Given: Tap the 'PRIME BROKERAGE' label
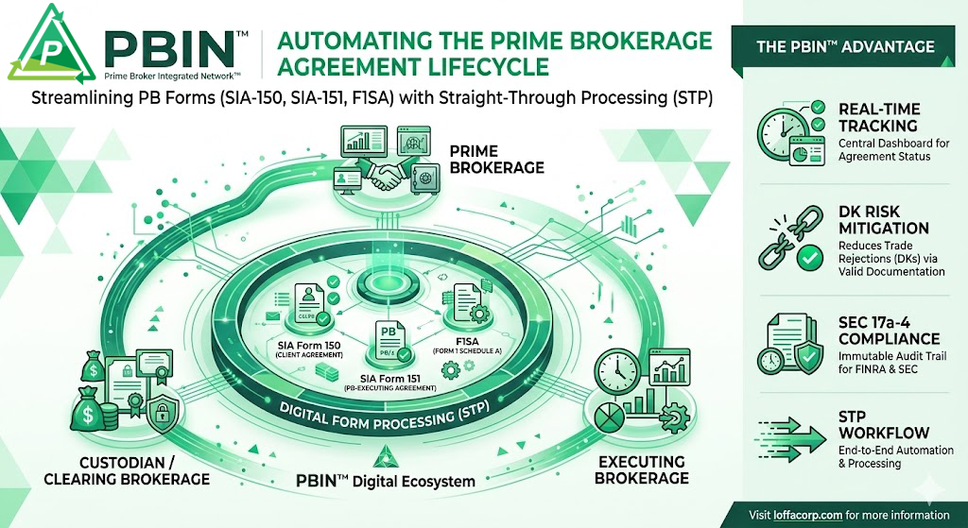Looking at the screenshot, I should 496,159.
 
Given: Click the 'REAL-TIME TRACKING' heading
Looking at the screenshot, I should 879,116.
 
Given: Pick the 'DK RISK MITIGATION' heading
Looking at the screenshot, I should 884,220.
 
